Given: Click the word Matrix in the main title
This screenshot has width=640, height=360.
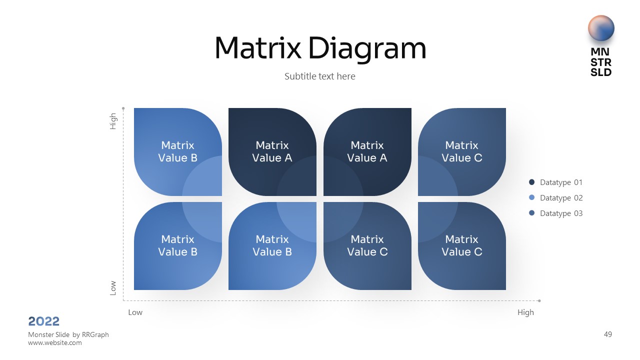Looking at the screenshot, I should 258,48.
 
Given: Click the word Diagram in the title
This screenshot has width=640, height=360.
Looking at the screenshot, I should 367,49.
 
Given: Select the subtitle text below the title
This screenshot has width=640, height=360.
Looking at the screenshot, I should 320,76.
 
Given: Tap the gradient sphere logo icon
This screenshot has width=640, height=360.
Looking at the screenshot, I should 601,28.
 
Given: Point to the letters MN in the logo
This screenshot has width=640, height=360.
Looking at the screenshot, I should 601,52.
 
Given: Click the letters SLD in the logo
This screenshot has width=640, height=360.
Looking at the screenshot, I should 601,72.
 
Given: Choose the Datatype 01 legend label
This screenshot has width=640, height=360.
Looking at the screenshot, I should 561,182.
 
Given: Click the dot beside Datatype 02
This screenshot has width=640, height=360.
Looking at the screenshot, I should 531,198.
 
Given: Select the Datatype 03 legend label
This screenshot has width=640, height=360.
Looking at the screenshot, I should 561,213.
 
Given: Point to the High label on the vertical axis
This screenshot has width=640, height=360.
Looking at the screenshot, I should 113,121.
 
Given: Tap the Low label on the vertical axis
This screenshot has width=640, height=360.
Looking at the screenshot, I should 113,287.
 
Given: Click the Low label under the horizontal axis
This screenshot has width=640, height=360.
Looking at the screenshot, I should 135,312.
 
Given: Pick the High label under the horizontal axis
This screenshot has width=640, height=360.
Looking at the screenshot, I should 525,312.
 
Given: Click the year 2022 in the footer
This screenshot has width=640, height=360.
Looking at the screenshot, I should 44,321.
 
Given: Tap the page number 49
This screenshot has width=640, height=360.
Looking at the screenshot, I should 608,334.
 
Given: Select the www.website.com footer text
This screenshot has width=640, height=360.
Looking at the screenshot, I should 55,343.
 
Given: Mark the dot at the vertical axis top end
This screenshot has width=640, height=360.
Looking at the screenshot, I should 123,107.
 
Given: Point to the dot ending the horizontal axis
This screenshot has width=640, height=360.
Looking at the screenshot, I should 539,300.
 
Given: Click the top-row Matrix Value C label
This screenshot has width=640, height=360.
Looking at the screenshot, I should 462,151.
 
